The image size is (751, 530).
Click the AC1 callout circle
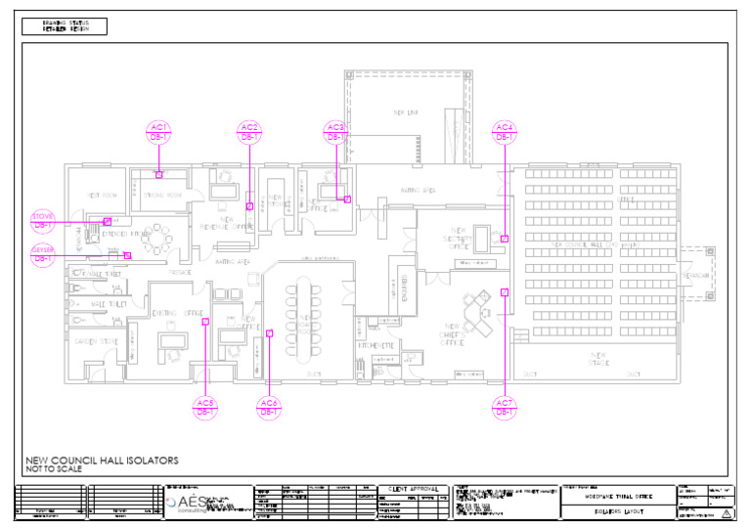158,132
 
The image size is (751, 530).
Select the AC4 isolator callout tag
504,132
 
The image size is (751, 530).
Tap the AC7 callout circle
504,408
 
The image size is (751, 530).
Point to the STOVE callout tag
43,221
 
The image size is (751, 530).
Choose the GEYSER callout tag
43,254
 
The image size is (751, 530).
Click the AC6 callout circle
269,408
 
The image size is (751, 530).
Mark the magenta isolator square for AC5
205,321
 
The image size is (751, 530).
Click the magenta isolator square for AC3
347,199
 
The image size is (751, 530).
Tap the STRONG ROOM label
163,196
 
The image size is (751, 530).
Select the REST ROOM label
103,196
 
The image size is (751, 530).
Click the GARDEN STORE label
96,341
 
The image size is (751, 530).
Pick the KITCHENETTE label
375,345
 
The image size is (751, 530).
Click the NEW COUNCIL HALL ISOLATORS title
102,460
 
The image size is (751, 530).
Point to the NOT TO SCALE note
54,469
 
